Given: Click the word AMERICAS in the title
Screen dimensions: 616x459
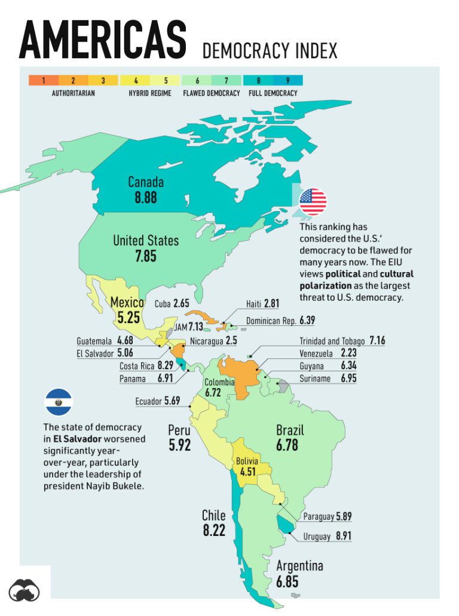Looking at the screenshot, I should pyautogui.click(x=102, y=41).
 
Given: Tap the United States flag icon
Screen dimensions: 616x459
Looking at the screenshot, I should pyautogui.click(x=313, y=202).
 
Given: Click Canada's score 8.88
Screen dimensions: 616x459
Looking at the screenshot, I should pyautogui.click(x=146, y=197).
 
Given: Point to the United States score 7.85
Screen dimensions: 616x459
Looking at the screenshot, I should pyautogui.click(x=146, y=257).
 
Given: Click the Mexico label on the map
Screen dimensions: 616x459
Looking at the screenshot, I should pyautogui.click(x=127, y=303).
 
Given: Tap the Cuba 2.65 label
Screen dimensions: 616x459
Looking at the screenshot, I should pyautogui.click(x=172, y=304).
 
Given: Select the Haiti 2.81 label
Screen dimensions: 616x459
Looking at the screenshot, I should pyautogui.click(x=262, y=304).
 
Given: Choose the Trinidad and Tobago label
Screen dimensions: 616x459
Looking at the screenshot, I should pyautogui.click(x=332, y=341).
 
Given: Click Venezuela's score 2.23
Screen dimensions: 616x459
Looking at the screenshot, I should pyautogui.click(x=348, y=353).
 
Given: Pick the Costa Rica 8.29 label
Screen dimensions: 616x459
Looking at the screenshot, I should pyautogui.click(x=146, y=365).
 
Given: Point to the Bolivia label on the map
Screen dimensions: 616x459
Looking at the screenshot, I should pyautogui.click(x=247, y=461).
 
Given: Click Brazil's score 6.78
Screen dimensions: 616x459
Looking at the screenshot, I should pyautogui.click(x=287, y=446).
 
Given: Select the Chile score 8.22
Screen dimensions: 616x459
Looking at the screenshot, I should pyautogui.click(x=214, y=530).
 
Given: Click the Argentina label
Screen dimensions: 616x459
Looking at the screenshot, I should pyautogui.click(x=299, y=566).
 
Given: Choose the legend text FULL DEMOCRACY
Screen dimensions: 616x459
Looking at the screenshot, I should pyautogui.click(x=273, y=93).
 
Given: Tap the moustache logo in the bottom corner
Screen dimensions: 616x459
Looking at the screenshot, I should pyautogui.click(x=25, y=588).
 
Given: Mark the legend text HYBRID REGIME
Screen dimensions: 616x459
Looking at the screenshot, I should pyautogui.click(x=149, y=93).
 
